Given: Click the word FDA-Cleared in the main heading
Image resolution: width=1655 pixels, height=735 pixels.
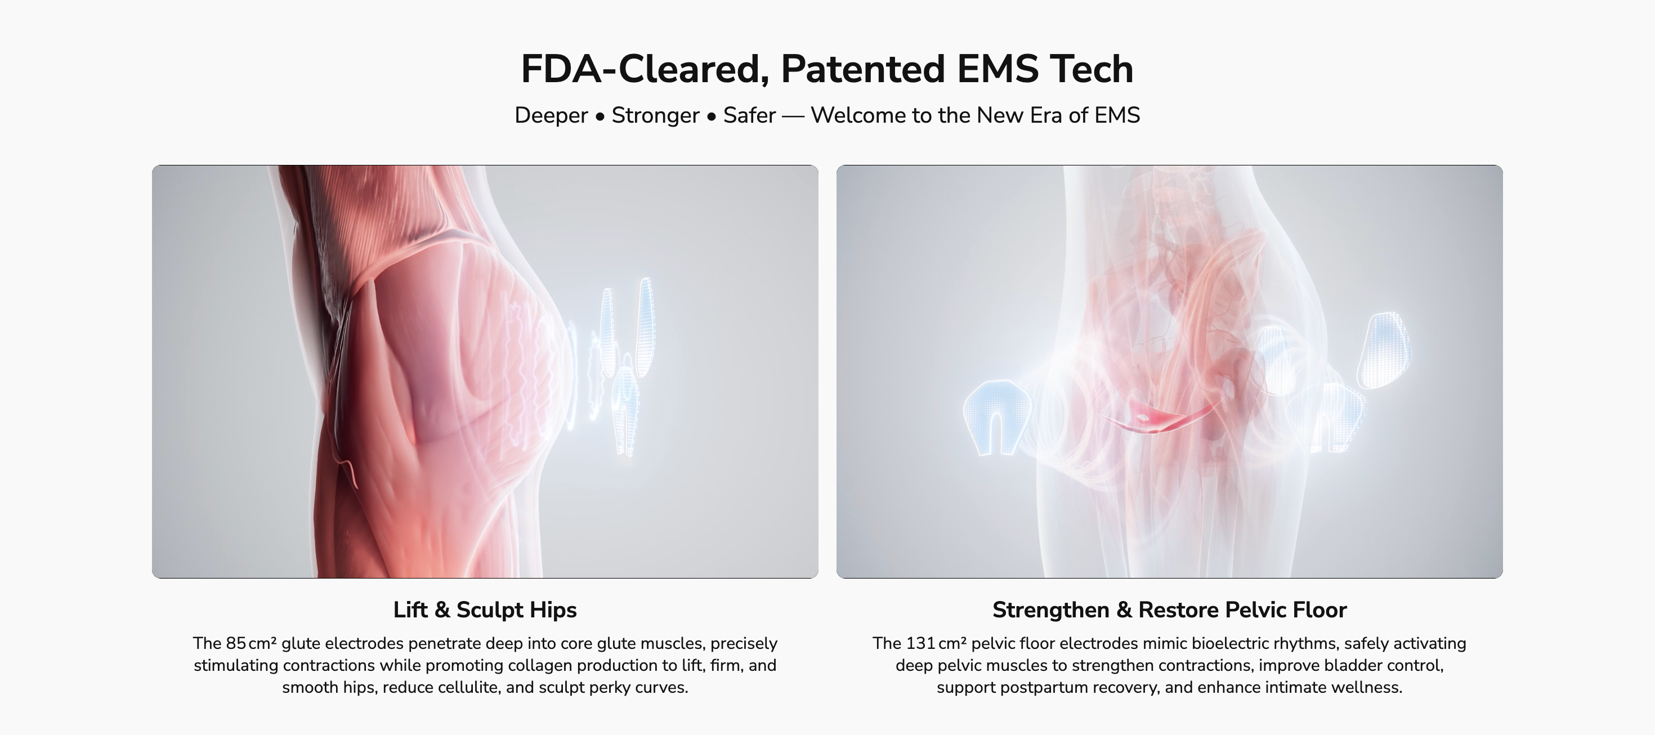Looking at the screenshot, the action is (645, 69).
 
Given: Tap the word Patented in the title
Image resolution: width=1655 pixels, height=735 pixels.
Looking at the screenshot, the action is (863, 69).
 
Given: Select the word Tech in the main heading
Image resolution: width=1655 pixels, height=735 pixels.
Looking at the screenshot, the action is (1092, 69).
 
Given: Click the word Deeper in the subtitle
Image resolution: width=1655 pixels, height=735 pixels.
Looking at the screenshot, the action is (551, 115).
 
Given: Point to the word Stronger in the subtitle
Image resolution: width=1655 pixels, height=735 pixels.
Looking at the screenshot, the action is (655, 115).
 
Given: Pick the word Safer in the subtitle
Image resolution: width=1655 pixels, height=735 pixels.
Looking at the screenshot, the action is (750, 115).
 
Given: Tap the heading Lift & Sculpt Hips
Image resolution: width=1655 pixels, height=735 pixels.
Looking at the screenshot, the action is (485, 609).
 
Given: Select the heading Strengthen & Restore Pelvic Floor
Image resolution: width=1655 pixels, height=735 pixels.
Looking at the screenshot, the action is (1169, 609).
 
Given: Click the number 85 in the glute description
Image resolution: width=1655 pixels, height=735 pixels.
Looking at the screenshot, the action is (236, 643).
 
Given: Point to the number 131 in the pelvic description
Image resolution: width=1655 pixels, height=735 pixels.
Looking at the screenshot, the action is (920, 643).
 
